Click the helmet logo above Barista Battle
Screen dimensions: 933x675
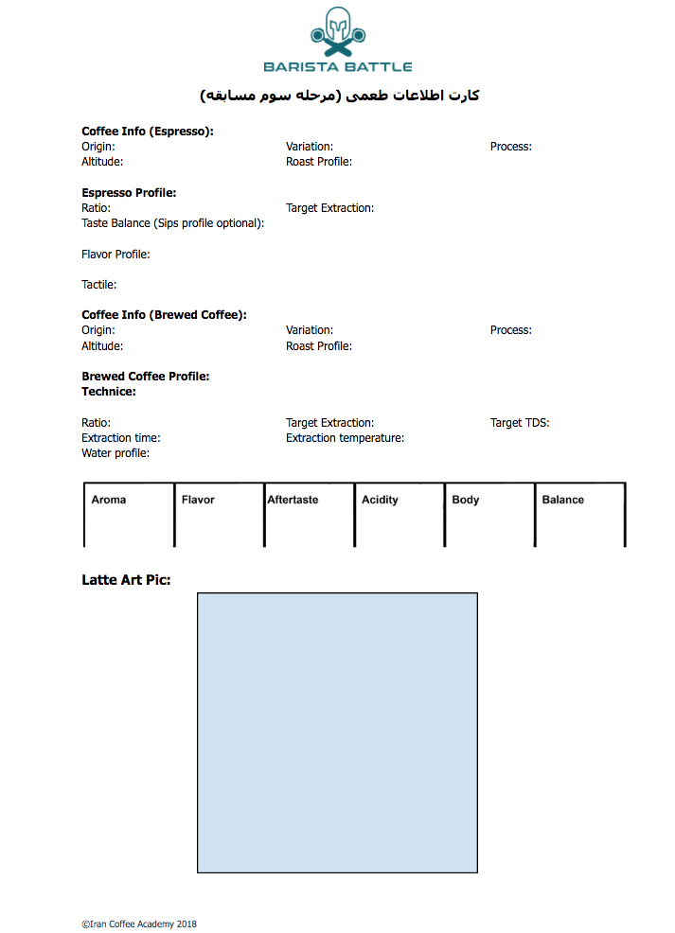[x=337, y=32]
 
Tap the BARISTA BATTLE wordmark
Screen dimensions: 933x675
[x=337, y=66]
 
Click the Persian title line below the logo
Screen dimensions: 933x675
[x=340, y=96]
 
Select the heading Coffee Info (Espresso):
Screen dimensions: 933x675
[x=148, y=132]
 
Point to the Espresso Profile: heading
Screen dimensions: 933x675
[x=129, y=193]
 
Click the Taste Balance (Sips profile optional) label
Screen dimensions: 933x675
[x=172, y=223]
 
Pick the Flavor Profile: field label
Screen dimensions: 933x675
[x=115, y=255]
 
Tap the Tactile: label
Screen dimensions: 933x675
[x=99, y=285]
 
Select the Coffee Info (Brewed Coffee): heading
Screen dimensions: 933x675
[x=164, y=315]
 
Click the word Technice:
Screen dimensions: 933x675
[x=109, y=392]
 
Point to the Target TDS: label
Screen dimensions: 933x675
[x=520, y=423]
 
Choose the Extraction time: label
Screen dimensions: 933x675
[x=121, y=438]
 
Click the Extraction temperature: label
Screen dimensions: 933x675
[x=345, y=438]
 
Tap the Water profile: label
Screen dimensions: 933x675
[x=115, y=453]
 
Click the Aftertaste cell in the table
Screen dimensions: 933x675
[x=309, y=514]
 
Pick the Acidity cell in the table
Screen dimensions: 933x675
[x=399, y=514]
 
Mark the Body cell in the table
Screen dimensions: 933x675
[x=488, y=514]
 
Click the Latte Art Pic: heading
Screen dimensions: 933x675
[x=126, y=580]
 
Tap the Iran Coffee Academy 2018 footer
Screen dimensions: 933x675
[x=139, y=924]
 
